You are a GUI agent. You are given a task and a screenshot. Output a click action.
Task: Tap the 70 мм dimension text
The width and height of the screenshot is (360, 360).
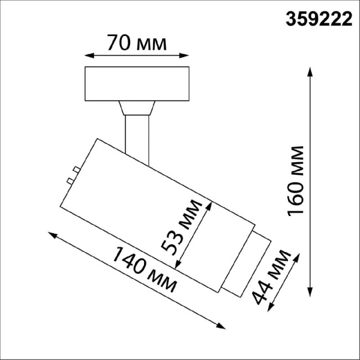(x=136, y=43)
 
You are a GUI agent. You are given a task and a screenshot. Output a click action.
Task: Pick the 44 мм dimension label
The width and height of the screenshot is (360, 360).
(x=271, y=277)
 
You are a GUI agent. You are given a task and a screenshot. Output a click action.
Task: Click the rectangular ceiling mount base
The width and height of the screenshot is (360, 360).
(x=136, y=84)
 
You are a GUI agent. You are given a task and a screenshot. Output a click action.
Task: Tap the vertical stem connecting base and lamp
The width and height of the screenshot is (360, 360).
(x=136, y=136)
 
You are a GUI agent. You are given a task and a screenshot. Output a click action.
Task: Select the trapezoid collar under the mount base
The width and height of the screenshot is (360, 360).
(x=136, y=107)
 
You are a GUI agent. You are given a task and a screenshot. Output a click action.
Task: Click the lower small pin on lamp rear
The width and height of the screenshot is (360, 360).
(x=69, y=181)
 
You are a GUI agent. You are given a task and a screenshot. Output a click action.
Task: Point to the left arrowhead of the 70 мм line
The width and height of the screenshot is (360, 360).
(x=88, y=55)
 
